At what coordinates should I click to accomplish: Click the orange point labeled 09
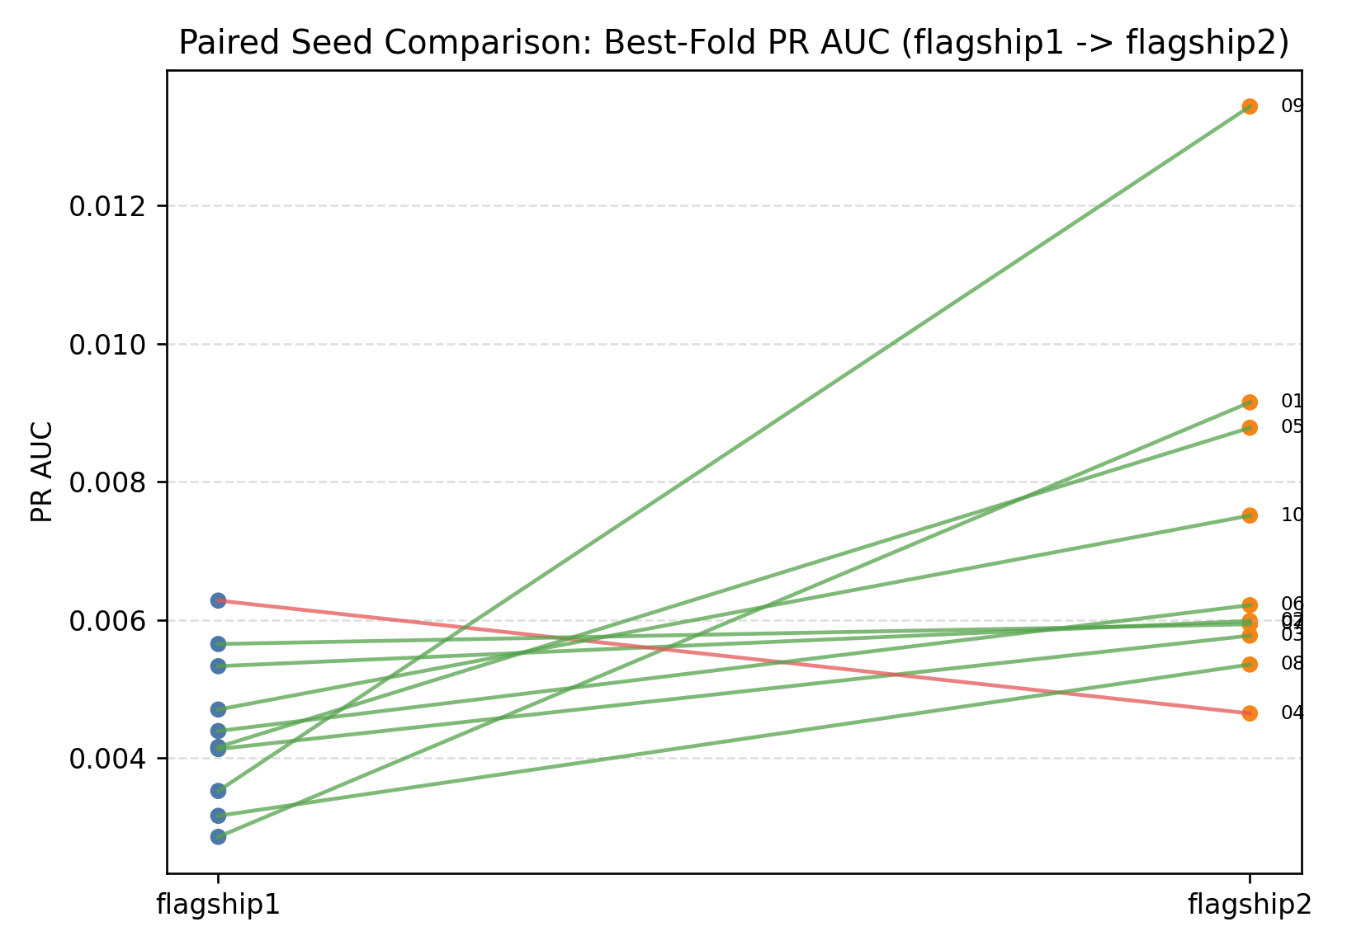(1250, 106)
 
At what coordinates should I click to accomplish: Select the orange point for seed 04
(1250, 713)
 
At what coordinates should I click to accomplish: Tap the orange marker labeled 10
(1250, 515)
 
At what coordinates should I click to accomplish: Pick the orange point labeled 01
(1250, 402)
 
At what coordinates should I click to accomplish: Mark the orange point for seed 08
(1250, 665)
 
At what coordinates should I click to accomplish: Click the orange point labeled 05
(1250, 427)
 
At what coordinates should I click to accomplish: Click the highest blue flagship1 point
(218, 600)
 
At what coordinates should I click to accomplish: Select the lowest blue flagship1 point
(218, 837)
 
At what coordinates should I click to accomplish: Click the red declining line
(734, 656)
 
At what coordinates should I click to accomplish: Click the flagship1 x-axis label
(218, 905)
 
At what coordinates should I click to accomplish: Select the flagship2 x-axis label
(1250, 905)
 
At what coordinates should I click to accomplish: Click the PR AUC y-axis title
(41, 472)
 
